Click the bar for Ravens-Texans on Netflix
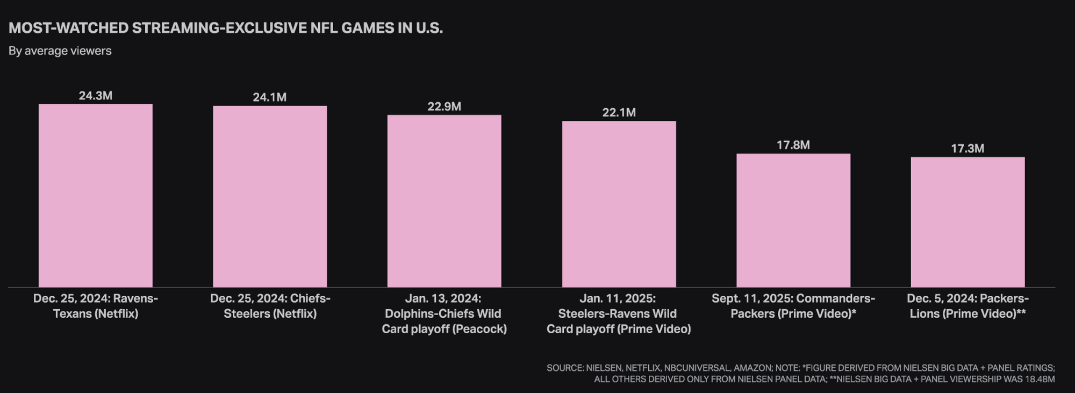(96, 196)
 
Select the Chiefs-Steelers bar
(270, 196)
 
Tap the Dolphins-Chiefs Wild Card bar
(444, 201)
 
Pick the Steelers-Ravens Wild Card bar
(619, 204)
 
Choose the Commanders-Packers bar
(793, 220)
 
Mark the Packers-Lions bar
(967, 222)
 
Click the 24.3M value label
(96, 96)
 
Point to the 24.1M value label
(270, 97)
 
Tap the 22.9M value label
(444, 106)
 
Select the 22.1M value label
(619, 112)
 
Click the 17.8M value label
(793, 145)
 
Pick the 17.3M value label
(967, 148)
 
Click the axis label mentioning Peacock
(444, 313)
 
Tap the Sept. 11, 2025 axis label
(793, 306)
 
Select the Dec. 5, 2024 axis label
(967, 306)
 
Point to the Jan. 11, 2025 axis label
(619, 313)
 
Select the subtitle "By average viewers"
(60, 51)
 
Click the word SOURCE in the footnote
(564, 368)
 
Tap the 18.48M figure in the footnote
(1040, 380)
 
